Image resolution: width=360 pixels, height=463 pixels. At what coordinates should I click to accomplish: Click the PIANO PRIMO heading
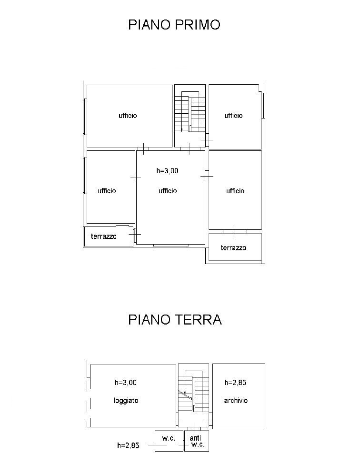(174, 25)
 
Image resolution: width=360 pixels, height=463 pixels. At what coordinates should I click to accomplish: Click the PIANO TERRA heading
(175, 319)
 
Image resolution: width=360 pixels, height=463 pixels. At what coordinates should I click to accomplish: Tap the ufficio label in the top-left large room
(128, 116)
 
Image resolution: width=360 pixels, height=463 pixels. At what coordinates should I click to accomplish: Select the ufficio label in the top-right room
(233, 116)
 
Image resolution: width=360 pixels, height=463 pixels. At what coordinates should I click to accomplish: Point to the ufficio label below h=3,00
(168, 191)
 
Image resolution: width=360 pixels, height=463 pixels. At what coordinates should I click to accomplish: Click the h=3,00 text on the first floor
(168, 171)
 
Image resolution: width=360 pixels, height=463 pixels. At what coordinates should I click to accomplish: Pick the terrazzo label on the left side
(104, 236)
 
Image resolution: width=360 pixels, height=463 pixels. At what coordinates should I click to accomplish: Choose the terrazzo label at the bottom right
(233, 248)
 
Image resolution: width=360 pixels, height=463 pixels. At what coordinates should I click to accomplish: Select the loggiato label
(126, 401)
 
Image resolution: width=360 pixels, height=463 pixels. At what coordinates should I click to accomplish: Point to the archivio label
(236, 401)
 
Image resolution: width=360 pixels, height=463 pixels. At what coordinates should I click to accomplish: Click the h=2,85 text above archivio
(235, 383)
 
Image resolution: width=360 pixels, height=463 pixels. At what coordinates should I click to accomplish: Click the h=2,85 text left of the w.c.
(128, 446)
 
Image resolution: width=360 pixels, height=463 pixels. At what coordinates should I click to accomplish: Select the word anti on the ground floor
(195, 438)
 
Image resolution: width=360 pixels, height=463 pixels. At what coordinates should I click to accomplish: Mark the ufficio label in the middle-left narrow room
(107, 191)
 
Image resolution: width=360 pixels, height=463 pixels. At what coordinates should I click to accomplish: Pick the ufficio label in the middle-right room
(235, 191)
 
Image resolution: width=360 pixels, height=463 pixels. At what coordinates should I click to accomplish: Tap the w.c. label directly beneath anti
(198, 445)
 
